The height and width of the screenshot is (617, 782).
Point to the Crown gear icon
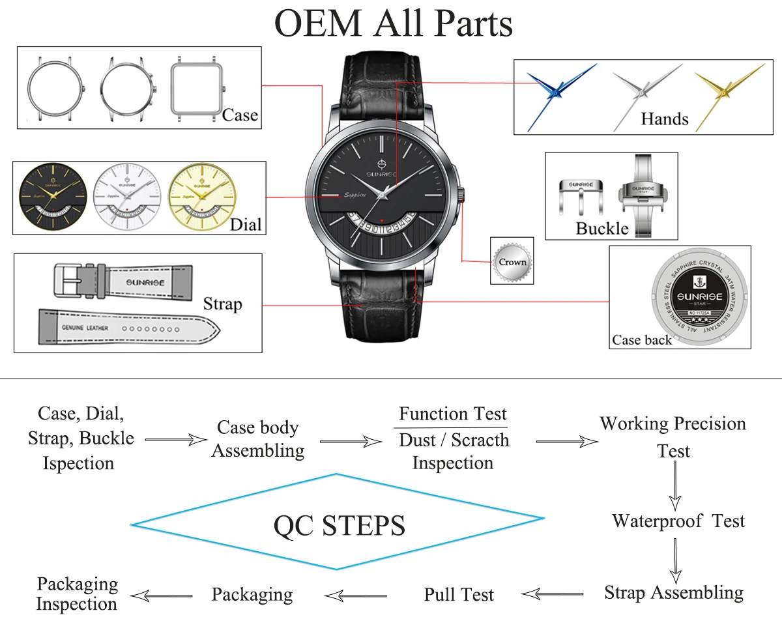pos(512,262)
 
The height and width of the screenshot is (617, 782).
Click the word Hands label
pos(664,119)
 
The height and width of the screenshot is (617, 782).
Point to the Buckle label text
pos(602,229)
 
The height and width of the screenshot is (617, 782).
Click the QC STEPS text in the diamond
pos(339,524)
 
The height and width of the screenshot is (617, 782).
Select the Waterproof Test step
pos(678,521)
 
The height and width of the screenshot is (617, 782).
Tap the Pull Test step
pos(459,594)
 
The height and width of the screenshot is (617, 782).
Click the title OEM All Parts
pos(394,24)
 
